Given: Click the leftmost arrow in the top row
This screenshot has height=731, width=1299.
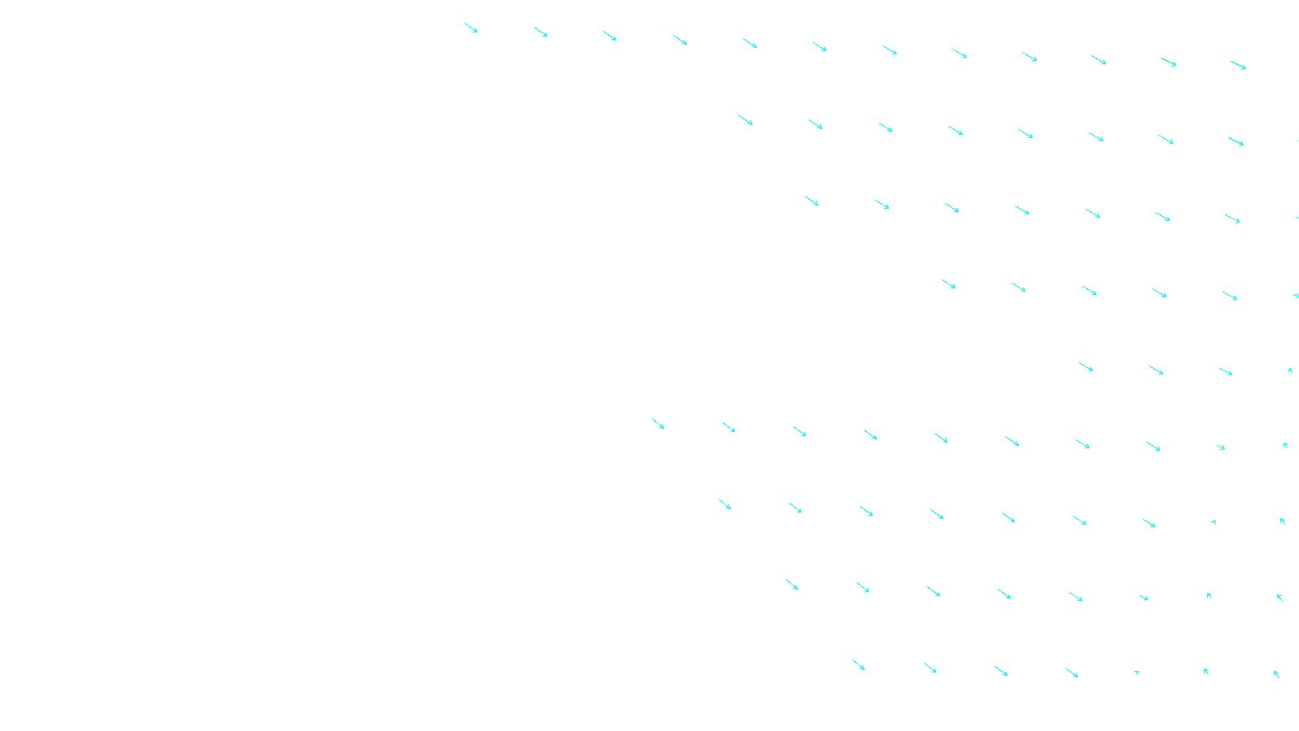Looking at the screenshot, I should [x=471, y=28].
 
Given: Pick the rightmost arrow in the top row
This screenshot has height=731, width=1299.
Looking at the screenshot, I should [x=1238, y=65].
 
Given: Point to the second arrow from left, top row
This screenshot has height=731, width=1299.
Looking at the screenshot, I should [x=541, y=32].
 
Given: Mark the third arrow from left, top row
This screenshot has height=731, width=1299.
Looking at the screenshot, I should [x=610, y=36].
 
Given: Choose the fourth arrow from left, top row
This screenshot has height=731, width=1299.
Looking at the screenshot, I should [x=680, y=40].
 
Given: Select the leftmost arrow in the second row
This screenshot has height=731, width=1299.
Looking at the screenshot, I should [x=745, y=120].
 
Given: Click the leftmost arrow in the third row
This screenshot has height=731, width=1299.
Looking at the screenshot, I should [x=812, y=201].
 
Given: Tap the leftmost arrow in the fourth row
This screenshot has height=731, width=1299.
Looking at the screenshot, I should [x=948, y=284].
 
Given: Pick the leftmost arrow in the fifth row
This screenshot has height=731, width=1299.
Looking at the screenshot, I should [x=1085, y=367].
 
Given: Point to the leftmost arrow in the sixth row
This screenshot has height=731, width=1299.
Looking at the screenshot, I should [x=658, y=423].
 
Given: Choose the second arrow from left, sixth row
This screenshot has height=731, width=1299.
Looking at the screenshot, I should [x=728, y=427].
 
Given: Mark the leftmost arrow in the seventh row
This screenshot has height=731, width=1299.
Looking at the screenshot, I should [x=724, y=504].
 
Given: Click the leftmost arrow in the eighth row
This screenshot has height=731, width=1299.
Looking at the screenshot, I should [x=792, y=585].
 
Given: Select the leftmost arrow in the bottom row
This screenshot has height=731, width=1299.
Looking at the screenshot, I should [x=858, y=665].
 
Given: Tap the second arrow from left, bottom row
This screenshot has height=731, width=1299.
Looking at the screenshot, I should [x=930, y=668].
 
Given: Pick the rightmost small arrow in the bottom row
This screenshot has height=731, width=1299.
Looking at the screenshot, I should [x=1276, y=673].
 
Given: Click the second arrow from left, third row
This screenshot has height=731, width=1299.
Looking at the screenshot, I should [x=882, y=205].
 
